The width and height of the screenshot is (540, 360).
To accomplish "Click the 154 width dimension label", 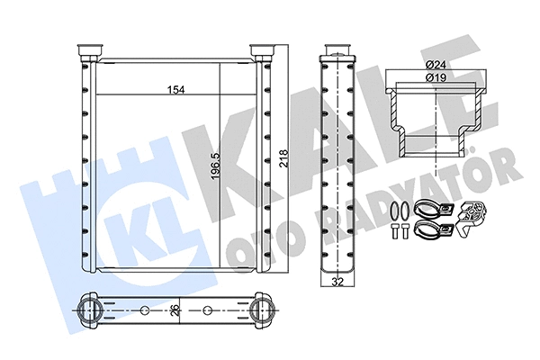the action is pos(176,90).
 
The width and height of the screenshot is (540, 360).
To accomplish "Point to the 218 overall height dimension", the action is pos(283,158).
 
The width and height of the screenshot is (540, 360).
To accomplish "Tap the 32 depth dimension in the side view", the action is pos(338,282).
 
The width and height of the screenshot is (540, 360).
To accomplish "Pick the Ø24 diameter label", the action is pos(436,64).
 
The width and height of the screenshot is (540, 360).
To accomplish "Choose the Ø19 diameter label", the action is pos(436,77).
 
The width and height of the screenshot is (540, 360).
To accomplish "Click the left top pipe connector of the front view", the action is pos(91,51).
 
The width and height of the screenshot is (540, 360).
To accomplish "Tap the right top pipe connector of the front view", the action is pos(263,51).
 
